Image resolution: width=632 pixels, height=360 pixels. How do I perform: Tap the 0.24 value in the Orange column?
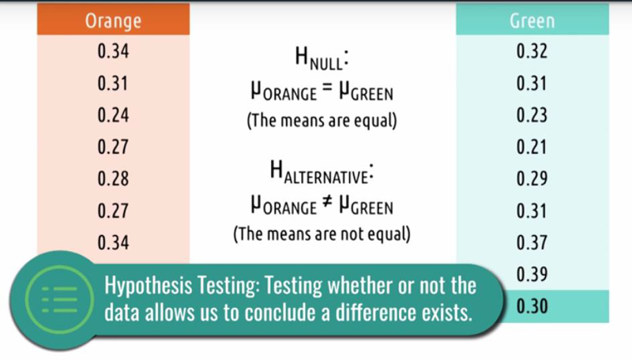click(x=113, y=115)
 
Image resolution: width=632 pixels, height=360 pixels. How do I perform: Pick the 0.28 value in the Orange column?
click(x=113, y=178)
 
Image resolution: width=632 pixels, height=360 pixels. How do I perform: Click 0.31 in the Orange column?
click(x=113, y=84)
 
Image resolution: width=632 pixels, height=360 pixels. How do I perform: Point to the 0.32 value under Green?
click(x=532, y=51)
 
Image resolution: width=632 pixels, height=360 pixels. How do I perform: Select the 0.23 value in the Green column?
click(x=532, y=115)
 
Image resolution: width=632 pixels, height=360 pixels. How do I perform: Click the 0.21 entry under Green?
click(x=532, y=147)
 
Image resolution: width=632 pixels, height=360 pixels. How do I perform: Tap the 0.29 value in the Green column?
click(x=532, y=178)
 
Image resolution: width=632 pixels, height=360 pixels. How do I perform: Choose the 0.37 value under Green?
click(x=532, y=242)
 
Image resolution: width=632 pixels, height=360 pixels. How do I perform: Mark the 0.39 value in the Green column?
click(x=532, y=274)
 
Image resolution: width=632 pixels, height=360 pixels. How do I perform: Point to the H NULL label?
click(x=322, y=58)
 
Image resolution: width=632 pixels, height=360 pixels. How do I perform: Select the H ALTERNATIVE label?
click(x=322, y=172)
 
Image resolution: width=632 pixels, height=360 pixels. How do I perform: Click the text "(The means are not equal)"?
click(x=322, y=234)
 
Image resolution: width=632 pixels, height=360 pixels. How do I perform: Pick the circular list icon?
click(x=60, y=299)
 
